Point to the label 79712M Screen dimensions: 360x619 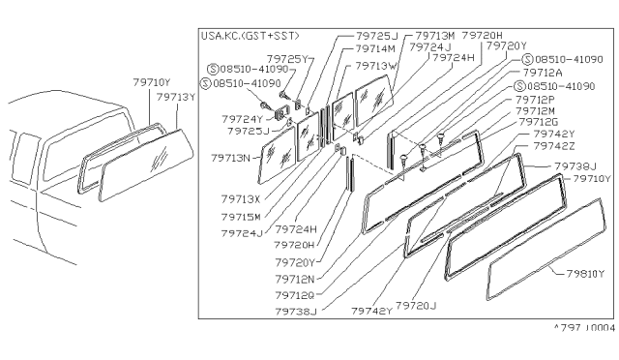tap(544, 110)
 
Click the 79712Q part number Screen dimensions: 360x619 tap(295, 295)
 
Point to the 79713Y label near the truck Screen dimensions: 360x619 tap(175, 96)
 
